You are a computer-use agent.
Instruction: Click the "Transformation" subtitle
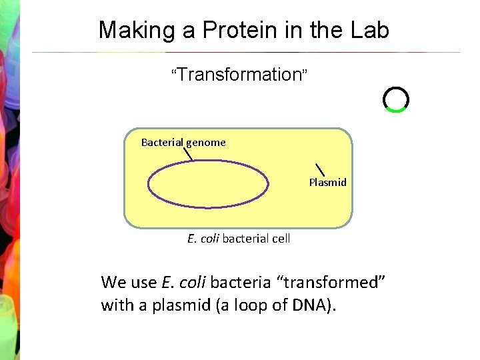tap(240, 75)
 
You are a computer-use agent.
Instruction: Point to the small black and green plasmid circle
tap(395, 99)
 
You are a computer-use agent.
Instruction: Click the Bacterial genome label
tap(183, 142)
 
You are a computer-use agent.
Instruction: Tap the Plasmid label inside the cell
tap(327, 182)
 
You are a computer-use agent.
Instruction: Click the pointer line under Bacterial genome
tap(188, 154)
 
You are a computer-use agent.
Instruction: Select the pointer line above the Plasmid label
tap(319, 170)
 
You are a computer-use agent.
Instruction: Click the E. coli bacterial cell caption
tap(239, 238)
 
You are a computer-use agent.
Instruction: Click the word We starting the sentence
tap(113, 282)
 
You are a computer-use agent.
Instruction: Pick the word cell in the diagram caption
tap(280, 238)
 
